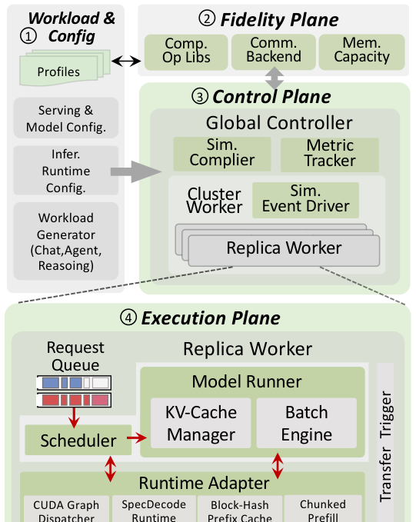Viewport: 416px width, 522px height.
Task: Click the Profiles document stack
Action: pyautogui.click(x=65, y=68)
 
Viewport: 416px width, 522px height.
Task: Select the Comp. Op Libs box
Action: pyautogui.click(x=186, y=52)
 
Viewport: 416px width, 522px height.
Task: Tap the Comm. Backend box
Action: pyautogui.click(x=274, y=52)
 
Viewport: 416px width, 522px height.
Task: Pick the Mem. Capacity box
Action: pyautogui.click(x=361, y=52)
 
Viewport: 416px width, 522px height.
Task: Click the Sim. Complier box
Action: pyautogui.click(x=221, y=154)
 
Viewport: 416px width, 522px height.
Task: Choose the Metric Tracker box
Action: pyautogui.click(x=330, y=155)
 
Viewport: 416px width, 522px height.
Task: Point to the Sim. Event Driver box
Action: pyautogui.click(x=305, y=200)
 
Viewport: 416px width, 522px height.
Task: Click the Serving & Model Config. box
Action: pyautogui.click(x=66, y=118)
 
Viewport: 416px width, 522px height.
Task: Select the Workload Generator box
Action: pyautogui.click(x=66, y=241)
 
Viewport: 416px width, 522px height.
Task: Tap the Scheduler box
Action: pyautogui.click(x=78, y=440)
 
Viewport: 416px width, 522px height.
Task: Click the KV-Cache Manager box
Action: pyautogui.click(x=201, y=423)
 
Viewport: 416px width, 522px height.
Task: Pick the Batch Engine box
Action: pyautogui.click(x=306, y=423)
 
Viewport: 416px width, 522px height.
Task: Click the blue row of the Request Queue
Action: pyautogui.click(x=74, y=383)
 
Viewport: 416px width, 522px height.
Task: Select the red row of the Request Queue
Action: pyautogui.click(x=74, y=400)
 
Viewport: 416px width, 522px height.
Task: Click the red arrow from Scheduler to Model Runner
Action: pyautogui.click(x=137, y=437)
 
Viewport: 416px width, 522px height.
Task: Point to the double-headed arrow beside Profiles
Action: pyautogui.click(x=126, y=61)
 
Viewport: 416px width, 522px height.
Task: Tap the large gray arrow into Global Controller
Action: pyautogui.click(x=136, y=171)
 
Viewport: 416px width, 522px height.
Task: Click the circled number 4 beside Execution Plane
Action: pyautogui.click(x=128, y=318)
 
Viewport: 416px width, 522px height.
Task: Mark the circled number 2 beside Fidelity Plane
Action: pyautogui.click(x=207, y=18)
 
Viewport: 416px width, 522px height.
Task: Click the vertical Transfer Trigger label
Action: pyautogui.click(x=386, y=447)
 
